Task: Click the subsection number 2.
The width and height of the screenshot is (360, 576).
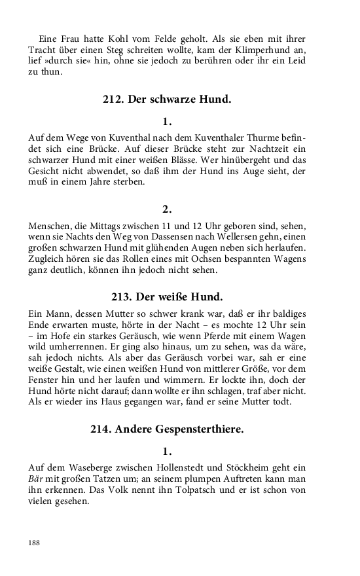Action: pos(167,209)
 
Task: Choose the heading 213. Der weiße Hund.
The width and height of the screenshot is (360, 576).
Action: pos(167,295)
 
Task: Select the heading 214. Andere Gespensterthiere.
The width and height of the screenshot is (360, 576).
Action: pos(167,429)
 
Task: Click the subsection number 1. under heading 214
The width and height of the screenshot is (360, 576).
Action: pos(167,451)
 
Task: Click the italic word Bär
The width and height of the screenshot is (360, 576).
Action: pos(37,479)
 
